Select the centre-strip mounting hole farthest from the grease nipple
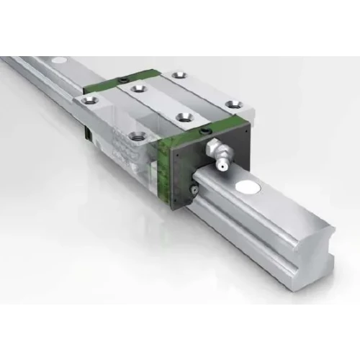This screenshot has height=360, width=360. (138, 89)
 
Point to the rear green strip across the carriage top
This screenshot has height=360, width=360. (119, 81)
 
